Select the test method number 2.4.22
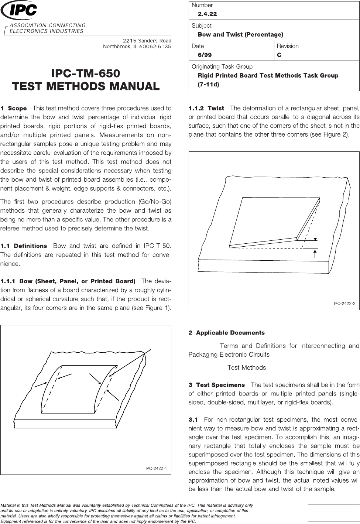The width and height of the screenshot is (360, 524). [207, 14]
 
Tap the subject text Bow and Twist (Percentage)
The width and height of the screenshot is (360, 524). [240, 35]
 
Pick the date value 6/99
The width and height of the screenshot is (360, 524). [205, 55]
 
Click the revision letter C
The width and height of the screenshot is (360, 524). [279, 55]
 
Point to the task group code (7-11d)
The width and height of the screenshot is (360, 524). [209, 85]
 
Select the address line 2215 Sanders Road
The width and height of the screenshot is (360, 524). [147, 40]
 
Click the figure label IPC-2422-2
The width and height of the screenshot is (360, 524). [344, 304]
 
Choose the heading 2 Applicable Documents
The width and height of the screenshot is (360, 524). [227, 333]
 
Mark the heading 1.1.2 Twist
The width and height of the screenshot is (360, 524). [206, 109]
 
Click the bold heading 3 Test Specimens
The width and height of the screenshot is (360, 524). [217, 385]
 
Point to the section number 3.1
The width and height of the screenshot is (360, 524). [193, 419]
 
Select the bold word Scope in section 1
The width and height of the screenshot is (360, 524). [17, 109]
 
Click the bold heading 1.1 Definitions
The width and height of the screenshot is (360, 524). [24, 246]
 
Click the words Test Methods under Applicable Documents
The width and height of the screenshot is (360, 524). [247, 367]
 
